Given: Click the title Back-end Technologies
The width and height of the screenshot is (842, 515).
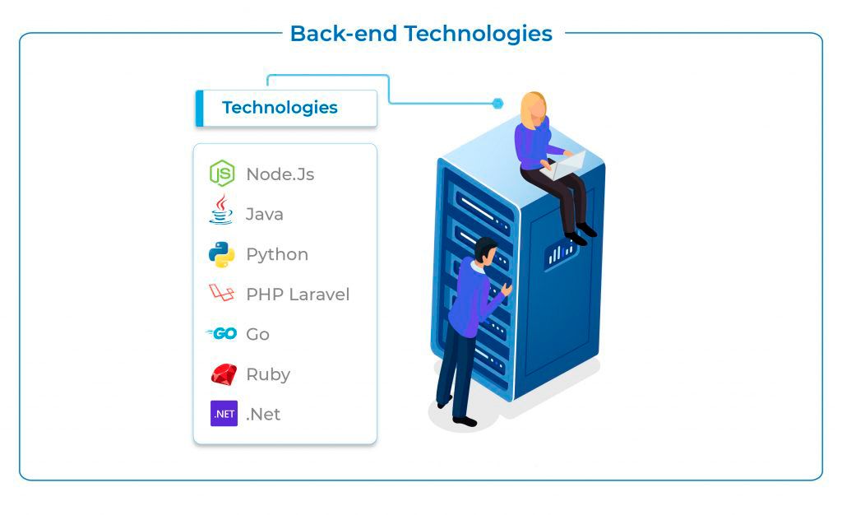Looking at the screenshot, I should click(421, 34).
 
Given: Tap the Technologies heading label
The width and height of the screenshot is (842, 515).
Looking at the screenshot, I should click(280, 108).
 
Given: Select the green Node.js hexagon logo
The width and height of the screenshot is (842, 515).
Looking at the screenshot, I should click(222, 174).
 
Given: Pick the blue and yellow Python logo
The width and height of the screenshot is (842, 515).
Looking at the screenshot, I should click(222, 254).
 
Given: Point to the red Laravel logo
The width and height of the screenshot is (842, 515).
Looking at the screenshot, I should click(222, 293).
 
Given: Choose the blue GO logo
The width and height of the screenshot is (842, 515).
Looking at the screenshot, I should click(222, 334).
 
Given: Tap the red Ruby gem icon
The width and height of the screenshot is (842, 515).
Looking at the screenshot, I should click(223, 374).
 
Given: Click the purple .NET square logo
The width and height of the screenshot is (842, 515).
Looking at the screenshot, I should click(224, 414).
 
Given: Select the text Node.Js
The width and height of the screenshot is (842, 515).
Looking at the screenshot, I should click(280, 174).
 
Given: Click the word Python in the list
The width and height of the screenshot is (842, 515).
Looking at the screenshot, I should click(277, 255).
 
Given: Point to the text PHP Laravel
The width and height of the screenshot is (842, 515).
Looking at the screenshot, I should click(298, 295).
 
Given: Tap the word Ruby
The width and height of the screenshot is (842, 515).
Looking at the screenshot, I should click(268, 374).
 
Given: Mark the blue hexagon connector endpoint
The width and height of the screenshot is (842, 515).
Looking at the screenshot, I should click(497, 104).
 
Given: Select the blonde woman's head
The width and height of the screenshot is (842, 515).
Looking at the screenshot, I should click(534, 108).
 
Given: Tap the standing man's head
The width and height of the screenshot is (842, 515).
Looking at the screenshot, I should click(485, 250).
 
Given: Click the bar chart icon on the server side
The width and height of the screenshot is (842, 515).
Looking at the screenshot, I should click(561, 253).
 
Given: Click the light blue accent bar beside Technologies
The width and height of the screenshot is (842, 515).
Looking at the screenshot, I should click(199, 109).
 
